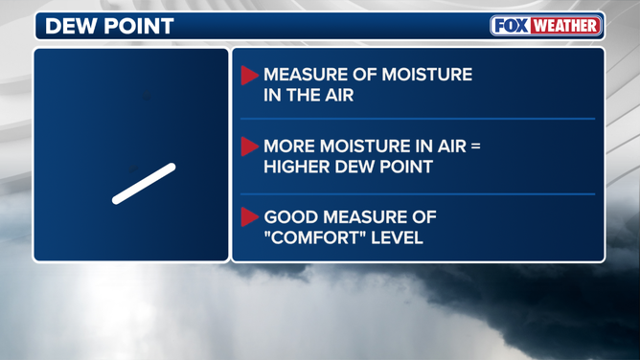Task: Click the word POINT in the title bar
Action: (x=139, y=26)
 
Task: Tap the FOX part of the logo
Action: (x=511, y=26)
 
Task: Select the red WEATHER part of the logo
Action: (x=565, y=26)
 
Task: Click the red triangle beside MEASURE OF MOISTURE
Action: (x=249, y=76)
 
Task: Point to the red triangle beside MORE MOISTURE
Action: (x=249, y=146)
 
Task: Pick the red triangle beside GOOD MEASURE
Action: (x=249, y=217)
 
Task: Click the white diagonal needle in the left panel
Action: (x=144, y=184)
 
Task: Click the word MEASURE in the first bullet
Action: (x=300, y=75)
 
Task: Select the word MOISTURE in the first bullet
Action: (x=427, y=75)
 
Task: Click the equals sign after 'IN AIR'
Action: (x=476, y=146)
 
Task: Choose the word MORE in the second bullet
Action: (x=289, y=146)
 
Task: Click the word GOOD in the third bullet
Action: (x=291, y=217)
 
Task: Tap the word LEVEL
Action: (x=397, y=237)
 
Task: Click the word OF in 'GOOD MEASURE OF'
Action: (x=424, y=217)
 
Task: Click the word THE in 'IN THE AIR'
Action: (x=300, y=95)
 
